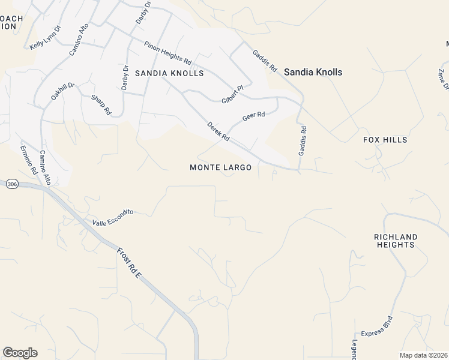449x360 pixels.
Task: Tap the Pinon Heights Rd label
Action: pos(167,53)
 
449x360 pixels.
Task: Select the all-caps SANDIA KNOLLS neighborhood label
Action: pos(169,73)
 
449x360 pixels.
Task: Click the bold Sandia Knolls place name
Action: pos(313,72)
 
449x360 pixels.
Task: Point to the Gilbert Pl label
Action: pos(232,94)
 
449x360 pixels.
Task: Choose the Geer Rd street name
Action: pos(253,115)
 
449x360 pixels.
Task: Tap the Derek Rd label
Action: pos(218,131)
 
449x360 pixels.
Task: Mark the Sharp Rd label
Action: pos(101,104)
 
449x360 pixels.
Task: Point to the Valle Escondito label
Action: pos(112,217)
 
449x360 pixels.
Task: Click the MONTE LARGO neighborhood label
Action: pos(220,167)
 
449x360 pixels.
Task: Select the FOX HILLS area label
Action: pos(385,140)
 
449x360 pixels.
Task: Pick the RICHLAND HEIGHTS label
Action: pos(396,241)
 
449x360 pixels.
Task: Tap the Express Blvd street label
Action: pos(376,326)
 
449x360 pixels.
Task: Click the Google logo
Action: pos(20,353)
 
